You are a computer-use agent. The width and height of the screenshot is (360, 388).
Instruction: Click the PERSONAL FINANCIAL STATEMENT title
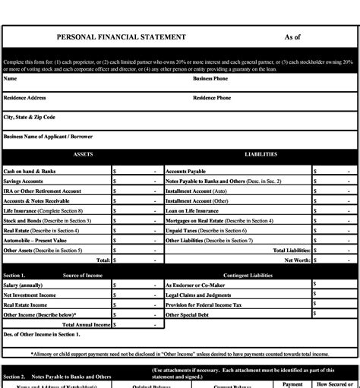click(121, 37)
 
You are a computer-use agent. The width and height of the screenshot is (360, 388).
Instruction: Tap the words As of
click(292, 37)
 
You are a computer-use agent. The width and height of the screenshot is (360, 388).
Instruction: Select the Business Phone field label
click(210, 78)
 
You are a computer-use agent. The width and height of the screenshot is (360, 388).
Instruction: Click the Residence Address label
click(24, 98)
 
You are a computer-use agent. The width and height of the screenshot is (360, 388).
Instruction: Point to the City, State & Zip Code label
click(30, 118)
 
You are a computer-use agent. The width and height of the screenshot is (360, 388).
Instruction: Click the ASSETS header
click(83, 154)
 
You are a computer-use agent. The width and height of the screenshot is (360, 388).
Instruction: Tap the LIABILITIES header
click(261, 154)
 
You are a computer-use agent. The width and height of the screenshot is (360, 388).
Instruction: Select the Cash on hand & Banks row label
click(30, 172)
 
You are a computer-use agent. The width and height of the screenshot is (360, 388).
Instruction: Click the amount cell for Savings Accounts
click(137, 181)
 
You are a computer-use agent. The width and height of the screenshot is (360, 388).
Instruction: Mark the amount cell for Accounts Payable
click(333, 172)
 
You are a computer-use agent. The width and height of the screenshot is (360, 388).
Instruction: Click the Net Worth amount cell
click(333, 260)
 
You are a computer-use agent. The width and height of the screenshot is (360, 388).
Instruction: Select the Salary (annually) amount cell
click(137, 284)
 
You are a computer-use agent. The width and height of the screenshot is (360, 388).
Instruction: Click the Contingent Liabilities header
click(250, 275)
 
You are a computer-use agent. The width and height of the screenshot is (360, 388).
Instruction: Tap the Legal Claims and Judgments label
click(198, 294)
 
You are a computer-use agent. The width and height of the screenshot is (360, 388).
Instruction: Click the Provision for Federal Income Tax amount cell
click(333, 304)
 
